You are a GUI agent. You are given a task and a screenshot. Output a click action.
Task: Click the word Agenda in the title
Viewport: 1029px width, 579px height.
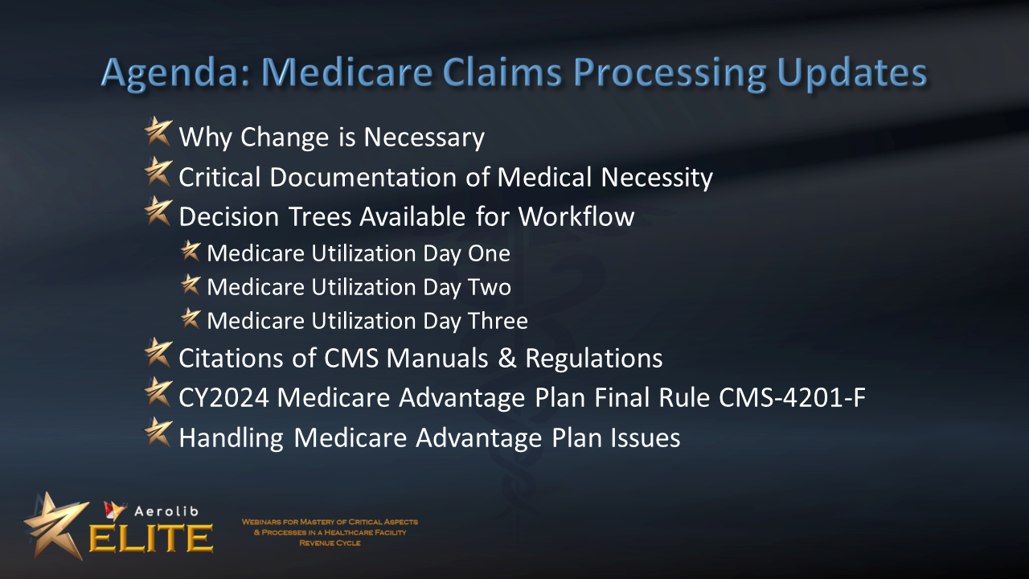click(x=175, y=72)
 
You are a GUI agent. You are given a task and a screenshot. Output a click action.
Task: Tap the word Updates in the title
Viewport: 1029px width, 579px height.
click(x=852, y=72)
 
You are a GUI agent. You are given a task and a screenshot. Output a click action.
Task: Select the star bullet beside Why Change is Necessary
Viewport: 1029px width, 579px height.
click(x=158, y=131)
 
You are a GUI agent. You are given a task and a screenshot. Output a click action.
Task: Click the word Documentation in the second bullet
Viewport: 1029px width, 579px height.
click(x=363, y=177)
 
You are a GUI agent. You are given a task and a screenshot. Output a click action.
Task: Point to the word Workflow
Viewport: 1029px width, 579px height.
click(x=576, y=216)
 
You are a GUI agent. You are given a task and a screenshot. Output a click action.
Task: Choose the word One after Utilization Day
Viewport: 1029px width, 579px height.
click(x=489, y=253)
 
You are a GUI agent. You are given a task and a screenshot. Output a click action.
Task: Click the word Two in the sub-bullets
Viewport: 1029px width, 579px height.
click(x=490, y=287)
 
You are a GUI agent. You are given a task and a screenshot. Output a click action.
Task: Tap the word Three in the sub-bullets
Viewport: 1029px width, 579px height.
click(x=498, y=321)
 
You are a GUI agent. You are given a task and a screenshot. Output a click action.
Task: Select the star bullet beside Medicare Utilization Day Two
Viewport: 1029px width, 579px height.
click(x=191, y=285)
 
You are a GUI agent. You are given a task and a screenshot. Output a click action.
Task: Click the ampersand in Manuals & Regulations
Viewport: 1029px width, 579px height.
click(x=506, y=358)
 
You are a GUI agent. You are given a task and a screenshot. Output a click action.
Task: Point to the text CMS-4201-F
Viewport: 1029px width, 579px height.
click(x=793, y=397)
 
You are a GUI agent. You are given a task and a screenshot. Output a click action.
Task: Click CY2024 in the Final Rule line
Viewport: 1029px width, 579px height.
click(x=223, y=397)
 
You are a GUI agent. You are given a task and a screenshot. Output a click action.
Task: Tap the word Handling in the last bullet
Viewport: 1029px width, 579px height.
click(x=231, y=437)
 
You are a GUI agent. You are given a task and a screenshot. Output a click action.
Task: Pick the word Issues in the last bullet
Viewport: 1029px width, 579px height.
click(x=646, y=437)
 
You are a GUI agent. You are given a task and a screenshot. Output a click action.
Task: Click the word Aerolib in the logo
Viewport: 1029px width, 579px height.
click(x=166, y=511)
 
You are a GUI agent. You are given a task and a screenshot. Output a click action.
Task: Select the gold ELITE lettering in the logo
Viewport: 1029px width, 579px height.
click(x=151, y=538)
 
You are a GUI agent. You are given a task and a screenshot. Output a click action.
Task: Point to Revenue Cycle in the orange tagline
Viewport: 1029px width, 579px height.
click(x=330, y=543)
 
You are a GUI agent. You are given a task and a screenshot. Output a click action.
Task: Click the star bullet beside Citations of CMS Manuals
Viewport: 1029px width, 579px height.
click(x=158, y=353)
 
